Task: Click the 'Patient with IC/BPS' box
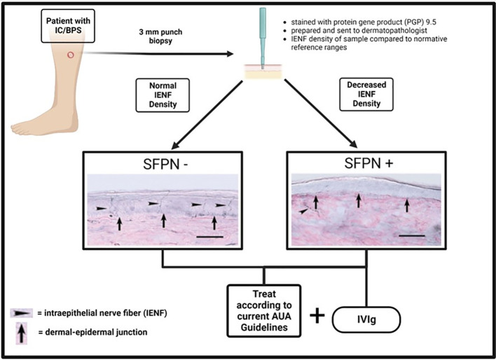point(68,26)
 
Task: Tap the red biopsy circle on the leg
point(71,55)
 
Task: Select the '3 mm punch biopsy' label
point(160,36)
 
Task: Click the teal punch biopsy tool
point(263,37)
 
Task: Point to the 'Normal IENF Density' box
point(163,95)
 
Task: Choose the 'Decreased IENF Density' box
point(366,95)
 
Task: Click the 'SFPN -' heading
point(165,164)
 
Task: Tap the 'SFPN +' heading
point(368,164)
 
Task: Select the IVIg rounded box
point(366,319)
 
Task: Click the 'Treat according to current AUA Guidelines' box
point(264,311)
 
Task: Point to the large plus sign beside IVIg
point(317,316)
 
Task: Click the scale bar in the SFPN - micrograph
point(209,237)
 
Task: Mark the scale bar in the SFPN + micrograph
point(412,235)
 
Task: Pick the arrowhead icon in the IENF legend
point(22,313)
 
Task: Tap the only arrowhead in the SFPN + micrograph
point(303,211)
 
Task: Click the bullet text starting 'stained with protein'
point(364,22)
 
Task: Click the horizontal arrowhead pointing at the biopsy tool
point(230,54)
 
